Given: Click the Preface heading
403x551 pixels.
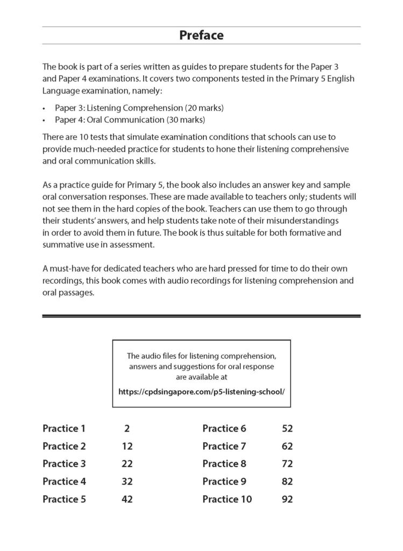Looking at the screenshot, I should pyautogui.click(x=201, y=36).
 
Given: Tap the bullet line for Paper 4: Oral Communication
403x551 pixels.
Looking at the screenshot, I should pyautogui.click(x=130, y=119).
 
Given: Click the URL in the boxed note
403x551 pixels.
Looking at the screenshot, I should pyautogui.click(x=201, y=391).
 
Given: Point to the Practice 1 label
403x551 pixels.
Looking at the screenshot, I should pyautogui.click(x=64, y=428).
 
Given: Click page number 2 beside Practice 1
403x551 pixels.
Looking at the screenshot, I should pyautogui.click(x=126, y=428).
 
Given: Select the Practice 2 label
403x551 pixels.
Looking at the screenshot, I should pyautogui.click(x=64, y=446).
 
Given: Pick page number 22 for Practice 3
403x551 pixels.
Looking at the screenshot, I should pyautogui.click(x=126, y=463).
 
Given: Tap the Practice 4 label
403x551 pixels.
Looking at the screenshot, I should pyautogui.click(x=64, y=481).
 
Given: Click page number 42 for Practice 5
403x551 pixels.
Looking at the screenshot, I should pyautogui.click(x=126, y=499).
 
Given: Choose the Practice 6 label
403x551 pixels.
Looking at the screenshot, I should pyautogui.click(x=224, y=428).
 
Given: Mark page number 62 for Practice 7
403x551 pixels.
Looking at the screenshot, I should pyautogui.click(x=287, y=446).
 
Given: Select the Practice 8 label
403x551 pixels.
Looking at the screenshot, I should pyautogui.click(x=224, y=463).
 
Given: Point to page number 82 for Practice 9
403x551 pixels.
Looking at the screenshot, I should pyautogui.click(x=287, y=481).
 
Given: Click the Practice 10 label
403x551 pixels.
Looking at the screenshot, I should pyautogui.click(x=227, y=499).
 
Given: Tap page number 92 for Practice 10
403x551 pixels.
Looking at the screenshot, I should pyautogui.click(x=287, y=499).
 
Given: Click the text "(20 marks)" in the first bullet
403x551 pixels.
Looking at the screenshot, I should pyautogui.click(x=204, y=108).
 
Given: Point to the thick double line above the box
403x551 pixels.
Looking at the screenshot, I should pyautogui.click(x=201, y=316).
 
